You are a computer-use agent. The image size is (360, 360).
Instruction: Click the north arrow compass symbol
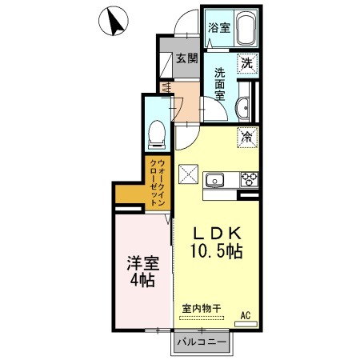[x=114, y=21]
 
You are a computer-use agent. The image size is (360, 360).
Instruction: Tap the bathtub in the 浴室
[x=246, y=29]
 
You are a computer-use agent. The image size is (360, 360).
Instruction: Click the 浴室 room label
[x=219, y=28]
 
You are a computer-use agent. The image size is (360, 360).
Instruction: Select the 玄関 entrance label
[x=187, y=58]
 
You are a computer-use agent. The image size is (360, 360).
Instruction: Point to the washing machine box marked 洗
[x=247, y=63]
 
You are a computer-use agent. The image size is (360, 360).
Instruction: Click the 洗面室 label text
[x=220, y=84]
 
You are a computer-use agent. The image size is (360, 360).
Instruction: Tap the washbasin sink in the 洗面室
[x=242, y=107]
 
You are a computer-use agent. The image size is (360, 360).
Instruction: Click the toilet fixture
[x=157, y=135]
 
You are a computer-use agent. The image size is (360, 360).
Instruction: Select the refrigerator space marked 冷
[x=247, y=138]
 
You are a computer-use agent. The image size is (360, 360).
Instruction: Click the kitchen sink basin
[x=214, y=180]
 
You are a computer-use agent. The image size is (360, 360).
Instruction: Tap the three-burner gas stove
[x=250, y=179]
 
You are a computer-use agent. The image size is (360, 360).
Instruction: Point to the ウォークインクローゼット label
[x=158, y=182]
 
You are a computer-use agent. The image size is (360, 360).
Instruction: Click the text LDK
[x=217, y=234]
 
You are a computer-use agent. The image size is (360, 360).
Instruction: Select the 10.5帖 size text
[x=216, y=251]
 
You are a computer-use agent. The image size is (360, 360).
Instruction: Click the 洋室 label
[x=143, y=263]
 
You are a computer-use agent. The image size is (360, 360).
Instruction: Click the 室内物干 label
[x=202, y=309]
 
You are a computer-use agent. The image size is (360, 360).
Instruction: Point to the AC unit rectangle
[x=246, y=324]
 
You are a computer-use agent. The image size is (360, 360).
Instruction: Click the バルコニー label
[x=202, y=342]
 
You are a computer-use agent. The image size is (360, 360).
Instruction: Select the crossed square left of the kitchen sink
[x=188, y=174]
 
